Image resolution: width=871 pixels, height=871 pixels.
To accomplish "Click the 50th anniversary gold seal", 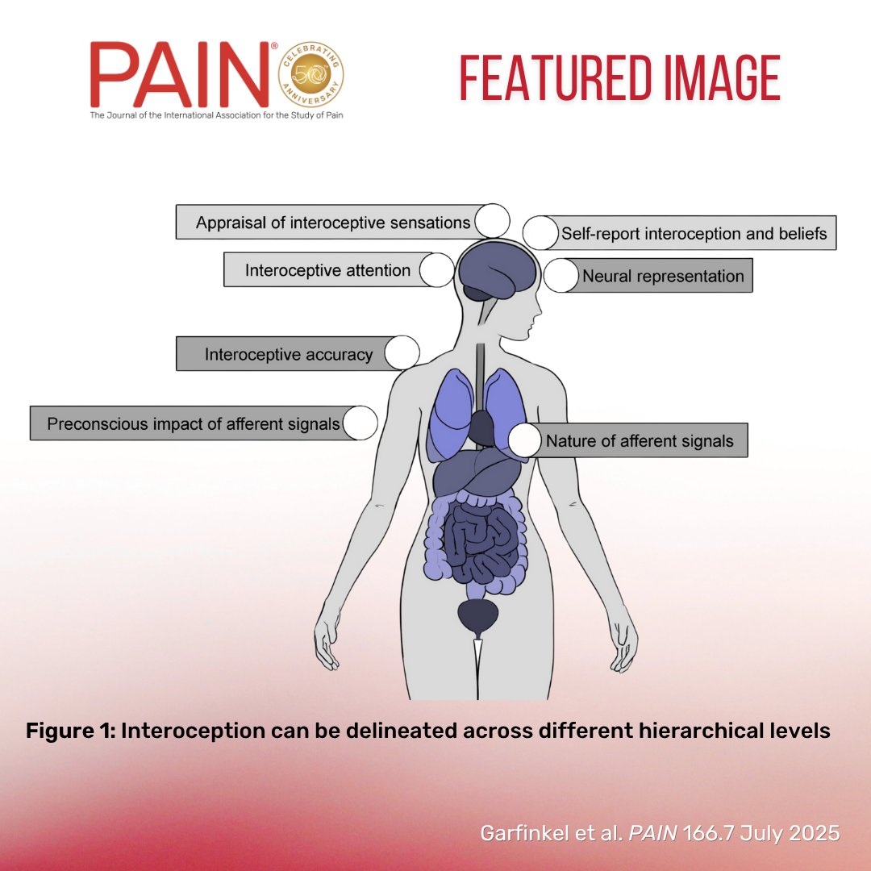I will [x=310, y=76].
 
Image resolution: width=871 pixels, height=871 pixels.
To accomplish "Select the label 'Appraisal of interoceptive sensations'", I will [x=332, y=223].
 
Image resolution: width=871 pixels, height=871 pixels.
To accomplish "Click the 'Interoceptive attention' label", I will [x=327, y=270].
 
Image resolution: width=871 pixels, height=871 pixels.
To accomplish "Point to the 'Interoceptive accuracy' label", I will [x=288, y=354].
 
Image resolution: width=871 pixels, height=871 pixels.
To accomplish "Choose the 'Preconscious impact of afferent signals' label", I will [x=193, y=423].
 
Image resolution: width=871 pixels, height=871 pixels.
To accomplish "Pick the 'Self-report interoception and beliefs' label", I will [x=694, y=233].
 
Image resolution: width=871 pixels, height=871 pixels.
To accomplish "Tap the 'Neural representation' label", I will [x=663, y=276].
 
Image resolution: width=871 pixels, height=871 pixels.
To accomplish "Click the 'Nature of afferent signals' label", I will [x=640, y=441].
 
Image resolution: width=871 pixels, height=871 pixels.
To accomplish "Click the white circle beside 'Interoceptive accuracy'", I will [x=402, y=353].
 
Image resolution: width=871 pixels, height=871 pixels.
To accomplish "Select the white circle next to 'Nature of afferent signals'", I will [x=525, y=440].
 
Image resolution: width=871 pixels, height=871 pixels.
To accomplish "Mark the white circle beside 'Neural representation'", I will [x=561, y=276].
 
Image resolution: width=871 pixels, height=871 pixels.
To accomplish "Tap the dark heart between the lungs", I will [x=481, y=427].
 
